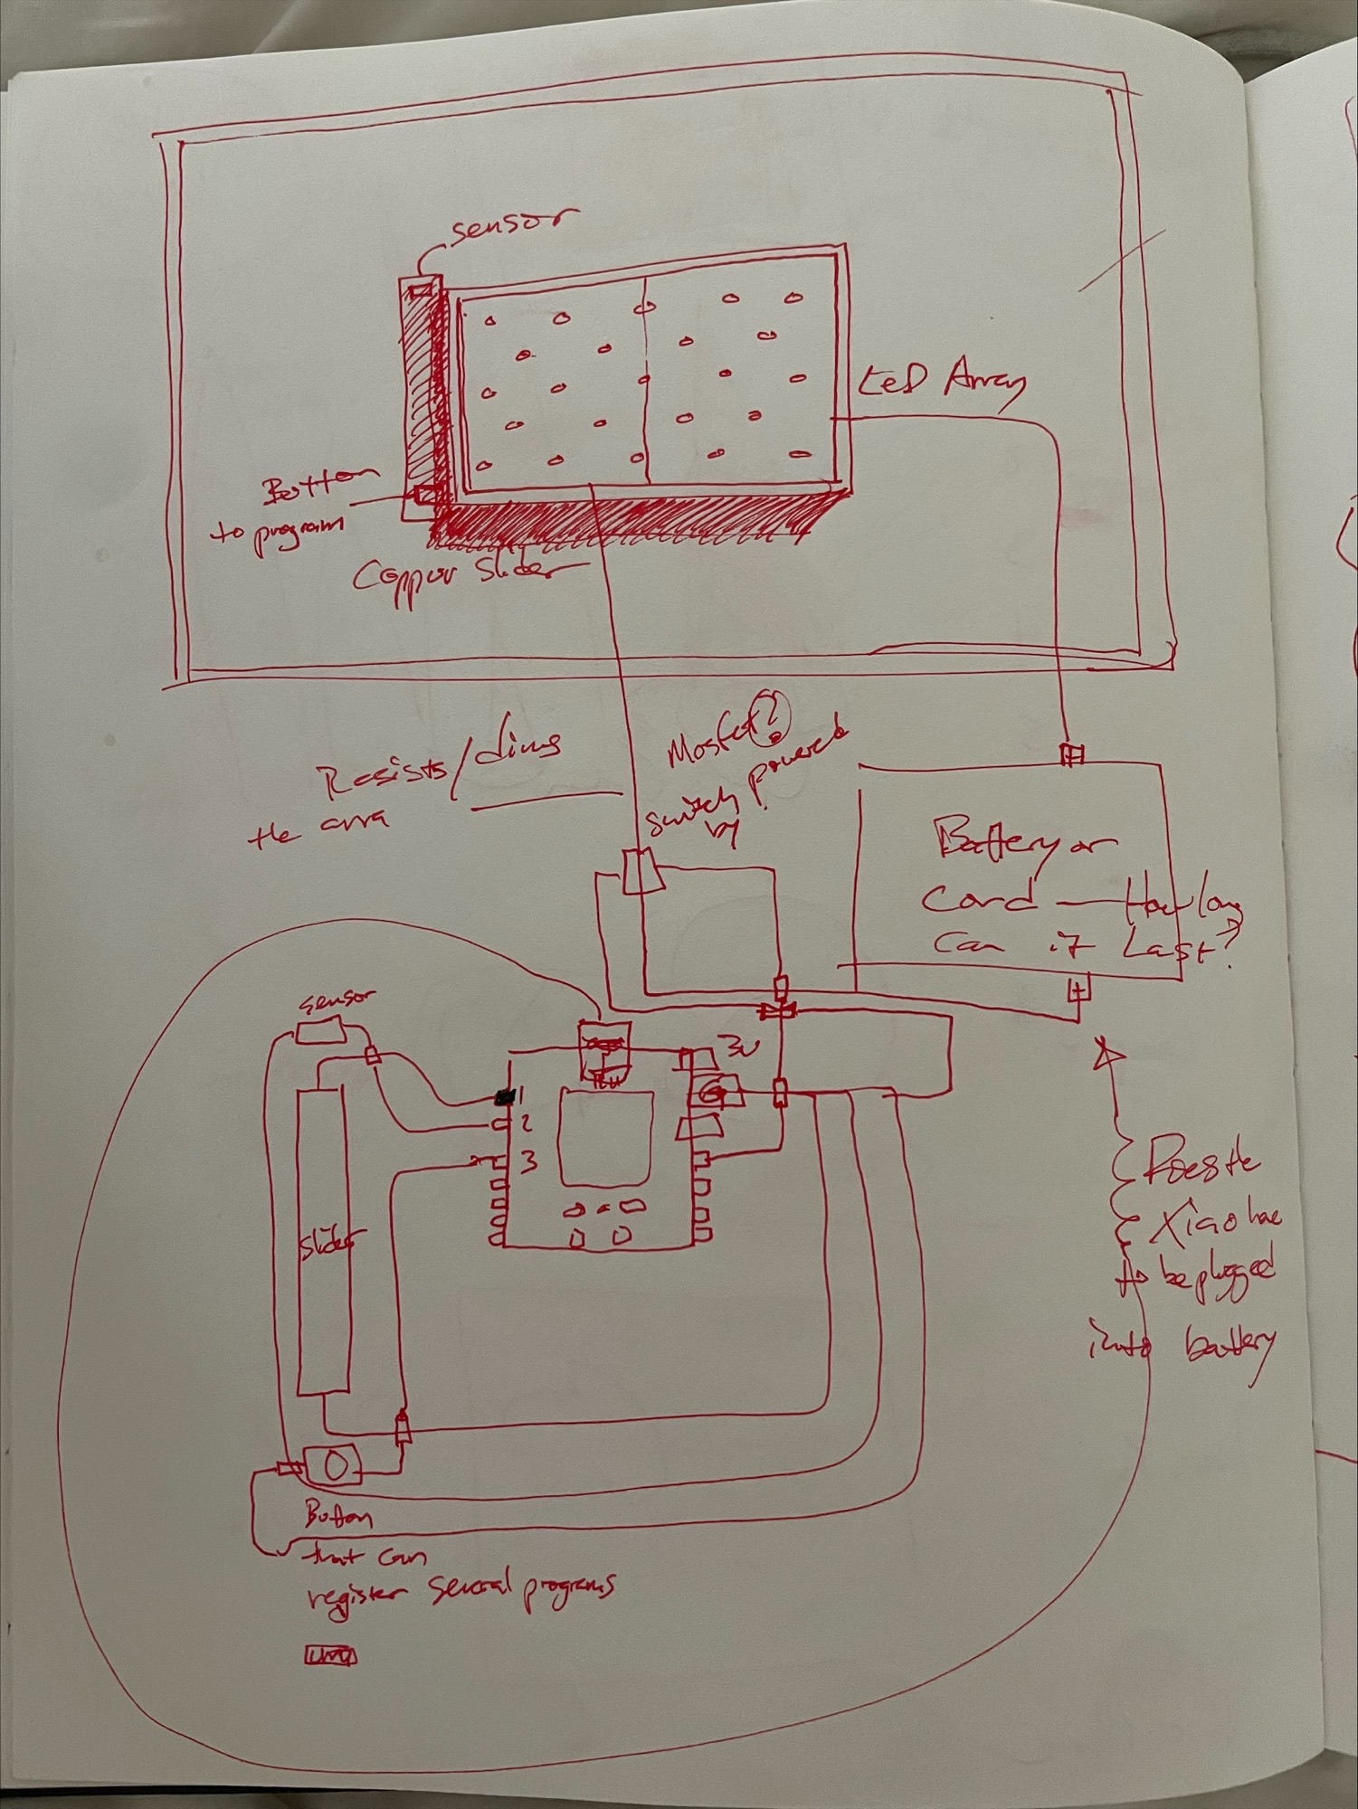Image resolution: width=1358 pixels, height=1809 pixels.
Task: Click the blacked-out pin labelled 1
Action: pos(504,1097)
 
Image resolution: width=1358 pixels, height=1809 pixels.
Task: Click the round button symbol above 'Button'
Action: pos(334,1463)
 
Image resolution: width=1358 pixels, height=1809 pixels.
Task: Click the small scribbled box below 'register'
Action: pos(330,1656)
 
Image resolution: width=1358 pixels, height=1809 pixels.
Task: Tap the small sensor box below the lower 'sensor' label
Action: pos(318,1030)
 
